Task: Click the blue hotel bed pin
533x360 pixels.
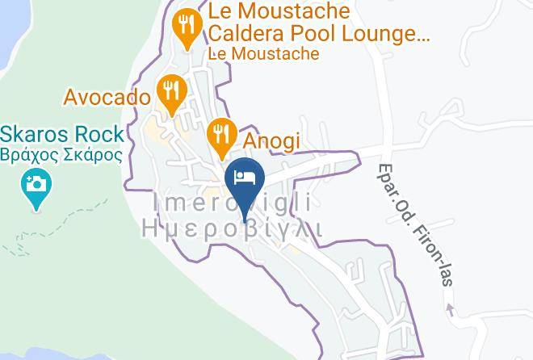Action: [244, 178]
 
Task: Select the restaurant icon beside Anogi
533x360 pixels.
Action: [220, 134]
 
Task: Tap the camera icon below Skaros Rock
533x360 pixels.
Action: [36, 185]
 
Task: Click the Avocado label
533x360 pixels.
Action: [107, 98]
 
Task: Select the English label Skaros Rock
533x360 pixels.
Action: [62, 134]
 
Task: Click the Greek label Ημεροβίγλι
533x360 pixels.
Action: [233, 229]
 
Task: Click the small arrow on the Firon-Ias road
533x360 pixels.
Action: [450, 307]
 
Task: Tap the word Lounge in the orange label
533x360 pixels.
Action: [385, 34]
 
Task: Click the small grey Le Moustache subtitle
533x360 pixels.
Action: [263, 54]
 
